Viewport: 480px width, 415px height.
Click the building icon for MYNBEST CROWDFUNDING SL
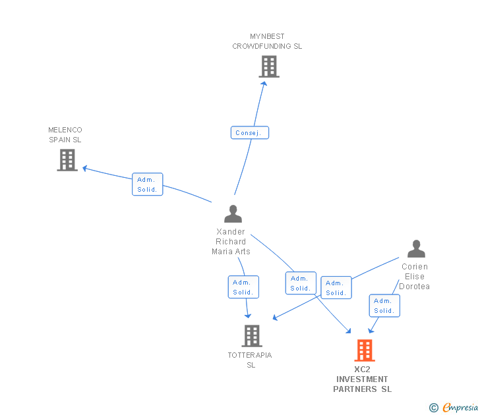point(268,67)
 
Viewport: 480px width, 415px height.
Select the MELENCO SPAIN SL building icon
point(67,160)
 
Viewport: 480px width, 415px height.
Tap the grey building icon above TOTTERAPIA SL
point(251,336)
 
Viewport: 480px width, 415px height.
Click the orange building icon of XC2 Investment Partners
point(365,350)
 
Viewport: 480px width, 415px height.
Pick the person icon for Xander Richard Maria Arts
point(233,214)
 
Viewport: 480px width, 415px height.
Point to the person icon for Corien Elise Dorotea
point(416,249)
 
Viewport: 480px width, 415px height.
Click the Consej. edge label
point(249,133)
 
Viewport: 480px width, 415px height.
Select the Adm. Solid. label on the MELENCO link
point(147,184)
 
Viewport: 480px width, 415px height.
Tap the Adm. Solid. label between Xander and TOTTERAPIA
point(243,287)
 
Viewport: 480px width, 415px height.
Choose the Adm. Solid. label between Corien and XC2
point(384,306)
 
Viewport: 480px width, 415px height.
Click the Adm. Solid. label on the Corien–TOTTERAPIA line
point(336,288)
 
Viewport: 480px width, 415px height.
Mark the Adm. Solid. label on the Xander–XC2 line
point(301,283)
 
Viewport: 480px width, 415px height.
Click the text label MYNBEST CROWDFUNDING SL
point(267,41)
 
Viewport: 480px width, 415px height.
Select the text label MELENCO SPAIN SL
point(65,135)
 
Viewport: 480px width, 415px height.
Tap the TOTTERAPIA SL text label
point(250,360)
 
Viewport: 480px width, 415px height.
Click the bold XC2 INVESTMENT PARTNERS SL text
point(362,379)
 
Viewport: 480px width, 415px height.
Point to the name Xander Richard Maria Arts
point(231,241)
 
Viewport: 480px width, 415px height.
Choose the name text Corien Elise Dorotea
point(415,277)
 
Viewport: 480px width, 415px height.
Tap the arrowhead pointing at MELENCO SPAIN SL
point(85,169)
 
